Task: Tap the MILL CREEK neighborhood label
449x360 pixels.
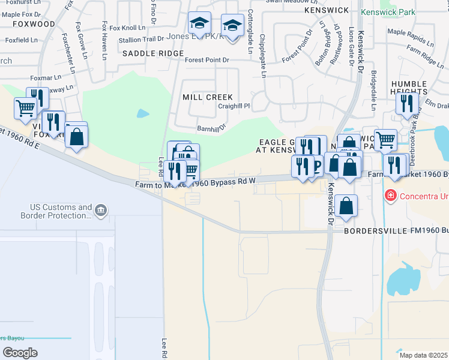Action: click(207, 97)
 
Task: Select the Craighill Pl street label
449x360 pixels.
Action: click(234, 106)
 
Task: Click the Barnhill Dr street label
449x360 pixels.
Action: click(211, 128)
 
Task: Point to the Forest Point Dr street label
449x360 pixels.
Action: click(207, 60)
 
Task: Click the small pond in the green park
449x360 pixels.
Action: click(143, 113)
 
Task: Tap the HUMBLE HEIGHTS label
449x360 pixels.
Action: click(409, 88)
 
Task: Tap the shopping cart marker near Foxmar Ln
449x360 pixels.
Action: click(25, 109)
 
